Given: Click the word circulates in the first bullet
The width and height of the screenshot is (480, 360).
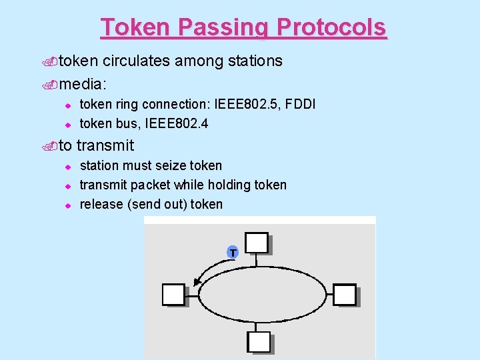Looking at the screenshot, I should (x=137, y=61).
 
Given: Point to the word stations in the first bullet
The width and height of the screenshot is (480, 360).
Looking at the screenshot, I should (x=255, y=61).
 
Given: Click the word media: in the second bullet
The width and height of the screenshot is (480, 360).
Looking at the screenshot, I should (x=84, y=84).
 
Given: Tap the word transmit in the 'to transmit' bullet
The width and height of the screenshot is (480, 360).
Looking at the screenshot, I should (x=105, y=145).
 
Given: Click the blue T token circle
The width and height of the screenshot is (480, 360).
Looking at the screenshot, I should (x=232, y=253).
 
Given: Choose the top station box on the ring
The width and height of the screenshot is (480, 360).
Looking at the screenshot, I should (x=257, y=243).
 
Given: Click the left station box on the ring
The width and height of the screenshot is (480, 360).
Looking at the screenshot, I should (x=174, y=294).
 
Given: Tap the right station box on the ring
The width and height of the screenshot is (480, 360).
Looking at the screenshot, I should (x=345, y=294).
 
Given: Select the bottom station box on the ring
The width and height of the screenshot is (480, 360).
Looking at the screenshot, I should (x=259, y=341).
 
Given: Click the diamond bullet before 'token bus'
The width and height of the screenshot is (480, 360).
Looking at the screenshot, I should (x=67, y=124).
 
